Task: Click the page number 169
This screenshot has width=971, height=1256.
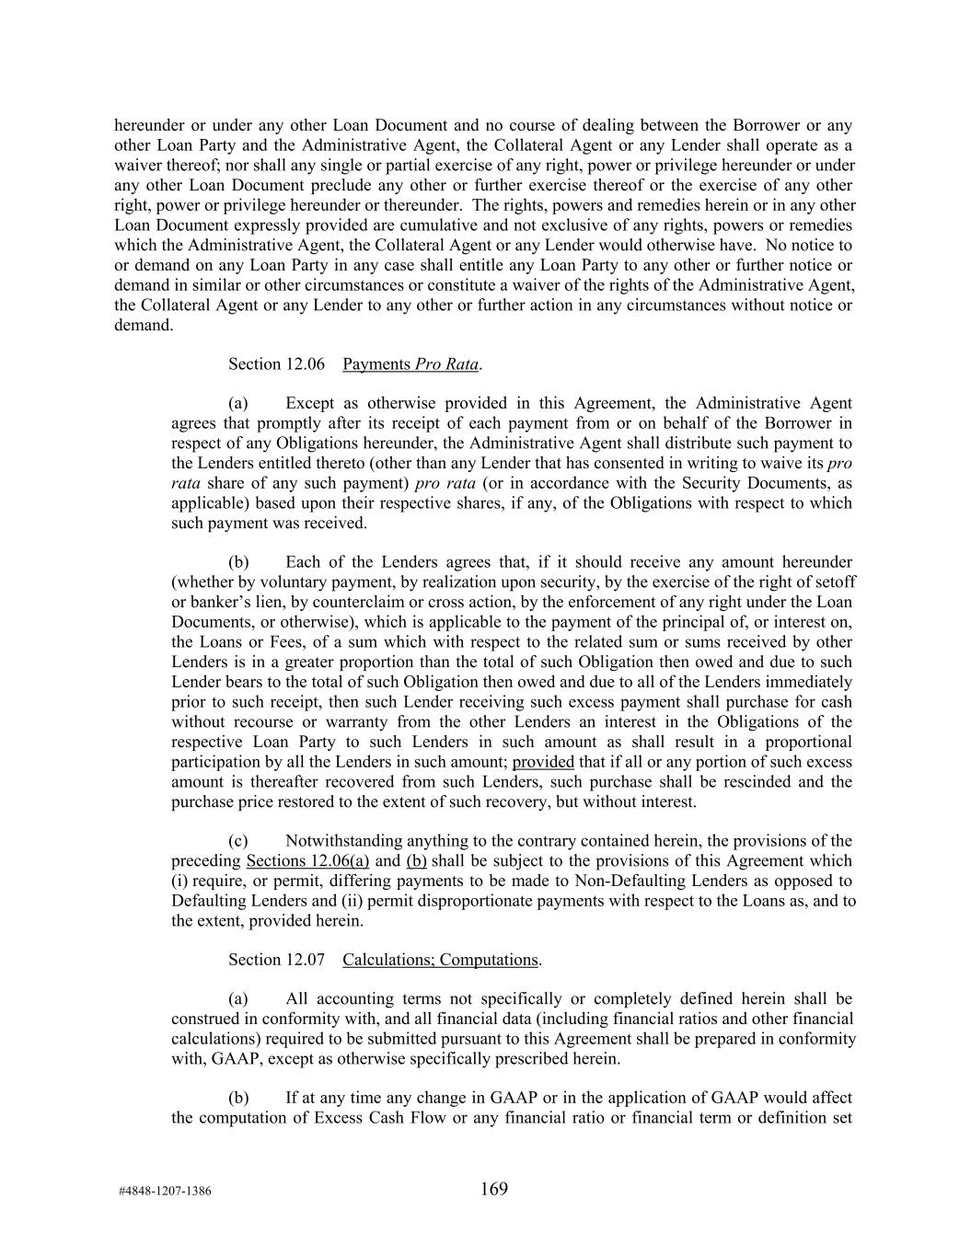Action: (x=493, y=1189)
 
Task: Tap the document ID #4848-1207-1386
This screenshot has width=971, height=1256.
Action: (x=165, y=1191)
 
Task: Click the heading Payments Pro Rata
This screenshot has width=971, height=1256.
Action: (x=410, y=364)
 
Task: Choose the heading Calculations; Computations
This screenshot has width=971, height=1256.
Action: (x=440, y=960)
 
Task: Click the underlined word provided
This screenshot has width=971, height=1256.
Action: (x=543, y=762)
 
